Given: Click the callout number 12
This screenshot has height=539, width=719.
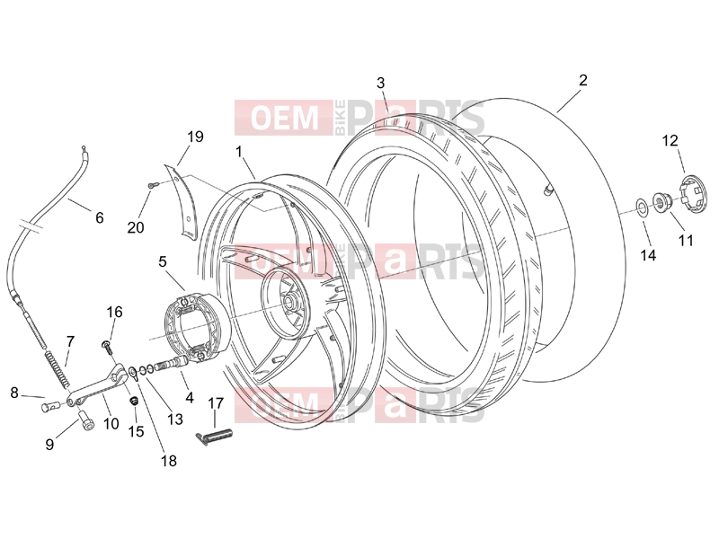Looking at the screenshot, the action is [670, 140].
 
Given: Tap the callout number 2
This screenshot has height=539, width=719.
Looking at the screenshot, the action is [582, 80].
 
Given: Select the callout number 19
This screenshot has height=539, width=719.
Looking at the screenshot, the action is [195, 137].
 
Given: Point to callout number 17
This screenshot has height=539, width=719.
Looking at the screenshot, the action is [216, 403].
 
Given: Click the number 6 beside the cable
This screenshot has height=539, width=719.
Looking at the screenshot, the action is [100, 217].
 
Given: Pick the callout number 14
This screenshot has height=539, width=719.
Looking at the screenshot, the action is [648, 255].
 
